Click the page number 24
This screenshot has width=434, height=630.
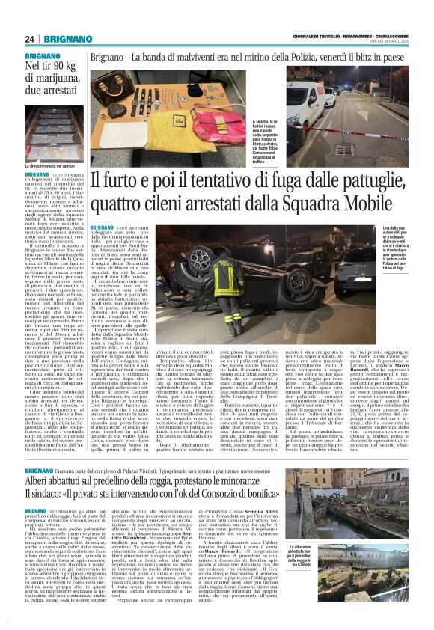31,39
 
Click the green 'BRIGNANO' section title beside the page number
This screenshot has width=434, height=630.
70,39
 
